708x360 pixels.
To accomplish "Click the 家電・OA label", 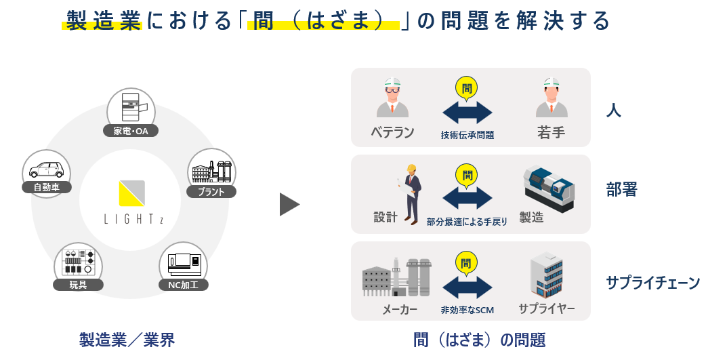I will (131, 131).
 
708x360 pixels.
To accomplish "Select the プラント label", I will (211, 192).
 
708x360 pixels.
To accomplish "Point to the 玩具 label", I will (79, 284).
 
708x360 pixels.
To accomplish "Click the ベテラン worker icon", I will (392, 98).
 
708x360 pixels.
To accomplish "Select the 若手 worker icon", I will (551, 98).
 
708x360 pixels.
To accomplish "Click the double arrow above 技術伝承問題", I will (467, 112).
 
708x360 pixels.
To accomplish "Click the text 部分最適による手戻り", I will (467, 222).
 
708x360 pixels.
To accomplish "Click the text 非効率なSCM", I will (467, 310).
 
